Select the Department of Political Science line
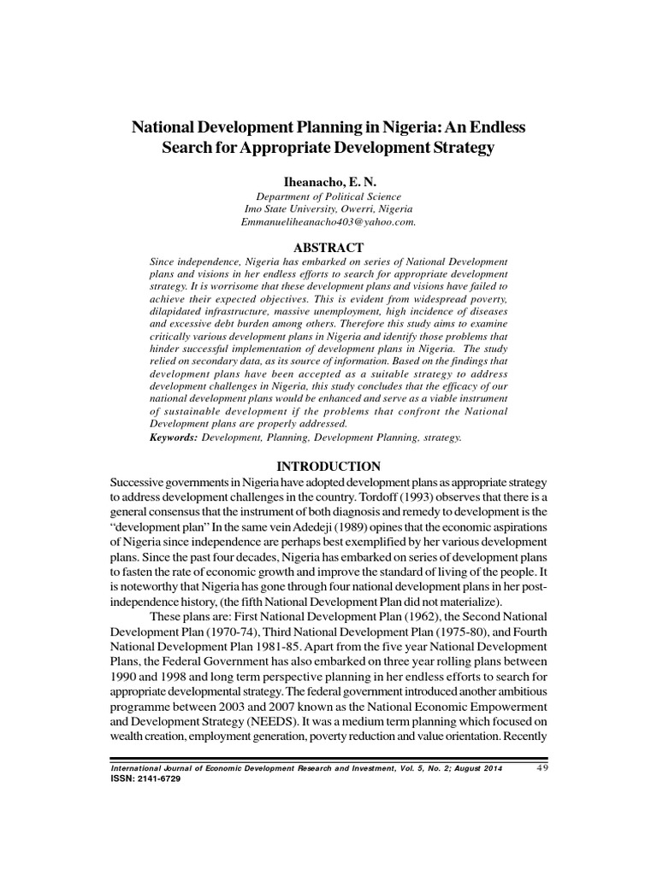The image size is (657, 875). [328, 197]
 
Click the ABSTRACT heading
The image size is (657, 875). [328, 247]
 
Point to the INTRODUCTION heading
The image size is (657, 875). [328, 467]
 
